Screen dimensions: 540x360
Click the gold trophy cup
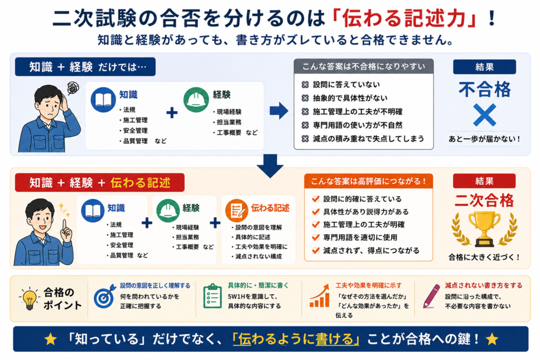[x=484, y=228]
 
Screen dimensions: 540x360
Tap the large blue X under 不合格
[x=485, y=114]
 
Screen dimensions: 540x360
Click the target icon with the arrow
[x=105, y=296]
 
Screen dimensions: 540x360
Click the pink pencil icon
[x=431, y=296]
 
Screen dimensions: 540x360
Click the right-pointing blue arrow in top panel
[x=279, y=111]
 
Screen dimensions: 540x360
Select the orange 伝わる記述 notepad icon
[x=237, y=210]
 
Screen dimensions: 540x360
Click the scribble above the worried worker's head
[x=73, y=88]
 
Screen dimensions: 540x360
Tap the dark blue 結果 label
[x=484, y=67]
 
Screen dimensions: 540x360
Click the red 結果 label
[x=484, y=181]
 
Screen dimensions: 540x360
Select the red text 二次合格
[x=484, y=200]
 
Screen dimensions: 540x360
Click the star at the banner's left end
[x=51, y=339]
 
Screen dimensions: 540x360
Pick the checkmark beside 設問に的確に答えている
[x=315, y=199]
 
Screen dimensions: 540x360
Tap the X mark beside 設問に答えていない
[x=305, y=85]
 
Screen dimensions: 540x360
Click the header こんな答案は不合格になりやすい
[x=363, y=66]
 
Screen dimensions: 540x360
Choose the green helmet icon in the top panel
[x=196, y=100]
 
